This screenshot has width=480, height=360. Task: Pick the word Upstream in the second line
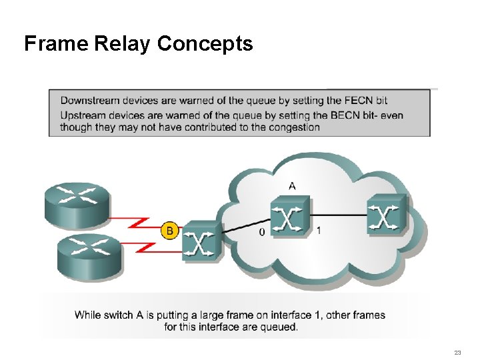point(82,115)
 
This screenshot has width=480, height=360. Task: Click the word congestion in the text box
point(294,127)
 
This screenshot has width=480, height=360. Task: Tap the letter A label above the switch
point(291,186)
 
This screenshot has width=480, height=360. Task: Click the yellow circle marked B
point(169,231)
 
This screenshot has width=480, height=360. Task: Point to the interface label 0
point(261,231)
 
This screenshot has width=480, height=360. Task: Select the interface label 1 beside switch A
point(319,231)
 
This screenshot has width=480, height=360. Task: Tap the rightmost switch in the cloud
point(386,213)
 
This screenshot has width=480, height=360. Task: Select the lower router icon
point(89,254)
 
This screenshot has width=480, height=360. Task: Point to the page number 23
point(457,352)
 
